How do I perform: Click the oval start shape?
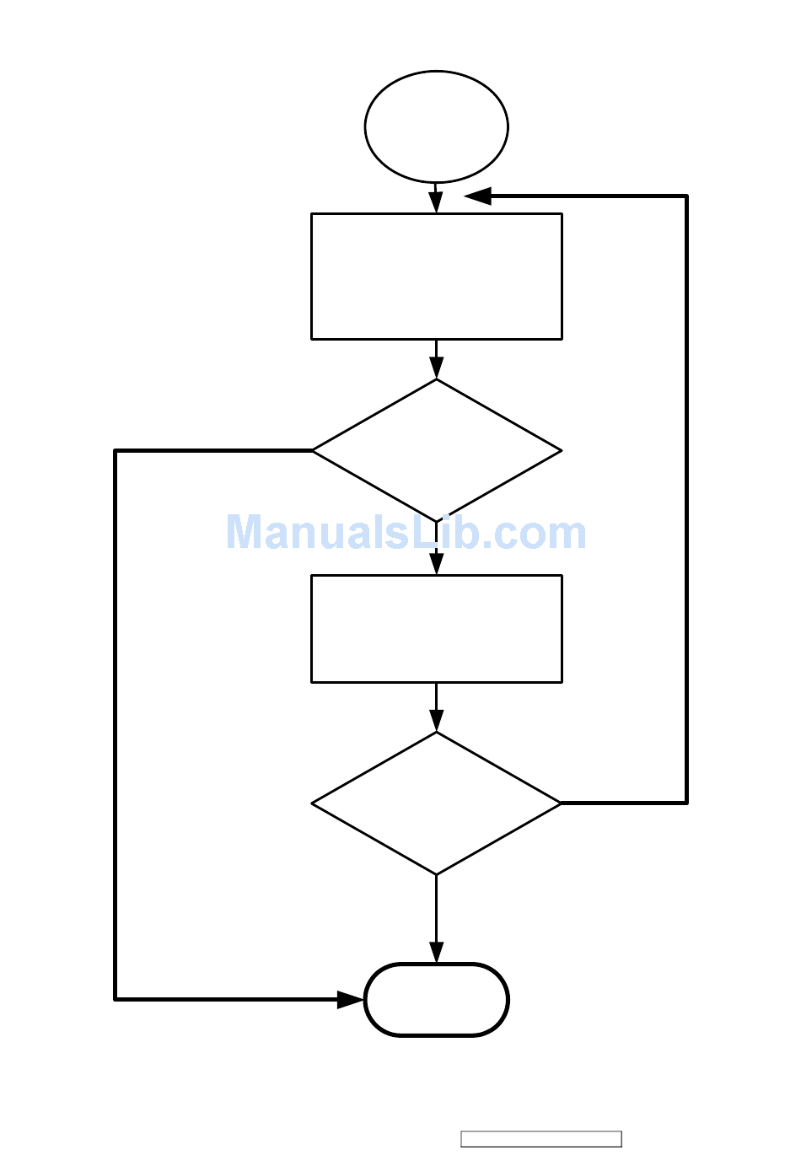436,126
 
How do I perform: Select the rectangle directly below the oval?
436,277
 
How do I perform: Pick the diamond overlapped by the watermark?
436,451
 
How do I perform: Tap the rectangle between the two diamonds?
436,629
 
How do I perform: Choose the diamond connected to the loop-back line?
436,803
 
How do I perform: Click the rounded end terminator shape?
436,1000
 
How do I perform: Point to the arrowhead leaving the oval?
436,202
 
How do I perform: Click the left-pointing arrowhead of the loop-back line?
477,196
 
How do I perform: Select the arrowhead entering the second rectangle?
436,563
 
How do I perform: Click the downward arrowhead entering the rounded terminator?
436,952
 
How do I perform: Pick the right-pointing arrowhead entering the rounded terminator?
351,1000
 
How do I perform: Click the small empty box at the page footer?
541,1139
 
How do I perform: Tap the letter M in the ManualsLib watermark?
245,533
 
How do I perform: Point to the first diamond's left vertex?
314,451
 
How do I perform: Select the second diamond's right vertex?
560,803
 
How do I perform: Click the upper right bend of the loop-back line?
686,196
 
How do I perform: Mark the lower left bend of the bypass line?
116,999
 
